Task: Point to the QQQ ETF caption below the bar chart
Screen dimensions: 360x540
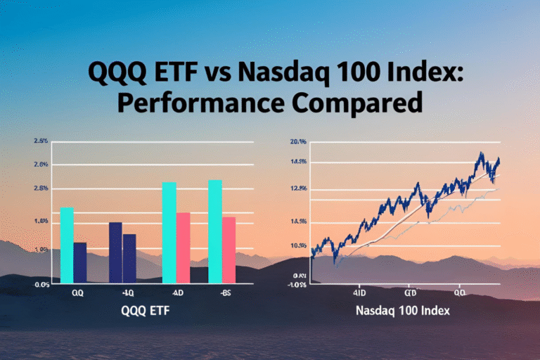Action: coord(145,310)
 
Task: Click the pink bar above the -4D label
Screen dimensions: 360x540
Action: coord(183,247)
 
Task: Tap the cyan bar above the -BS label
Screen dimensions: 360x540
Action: coord(215,231)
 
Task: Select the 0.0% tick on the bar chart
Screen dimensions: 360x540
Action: coord(41,285)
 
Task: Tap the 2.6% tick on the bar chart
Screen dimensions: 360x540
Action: coord(41,165)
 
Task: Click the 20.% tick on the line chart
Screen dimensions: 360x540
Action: coord(298,142)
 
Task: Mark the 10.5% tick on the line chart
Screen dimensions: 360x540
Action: coord(298,245)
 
